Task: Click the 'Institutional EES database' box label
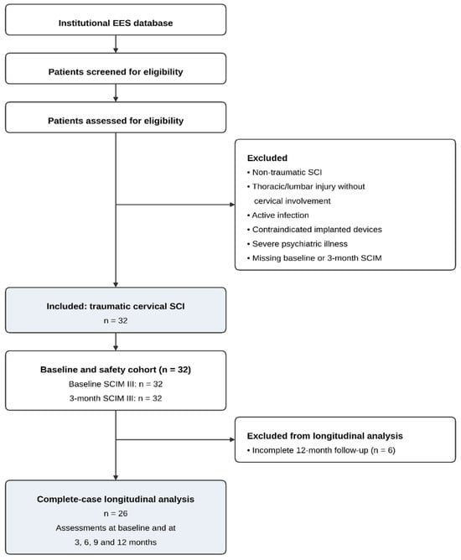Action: tap(116, 23)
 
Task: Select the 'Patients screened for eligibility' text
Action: tap(116, 72)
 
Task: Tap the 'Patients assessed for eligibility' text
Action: tap(116, 121)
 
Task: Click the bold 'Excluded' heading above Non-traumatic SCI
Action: tap(267, 158)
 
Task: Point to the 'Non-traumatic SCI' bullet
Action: tap(285, 172)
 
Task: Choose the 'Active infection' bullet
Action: tap(278, 215)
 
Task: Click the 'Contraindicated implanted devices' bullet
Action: tap(314, 230)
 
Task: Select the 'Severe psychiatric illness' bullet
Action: tap(298, 244)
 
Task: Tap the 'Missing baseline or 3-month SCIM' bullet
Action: tap(314, 258)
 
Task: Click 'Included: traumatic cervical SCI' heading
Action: tap(116, 306)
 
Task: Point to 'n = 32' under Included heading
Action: tap(116, 320)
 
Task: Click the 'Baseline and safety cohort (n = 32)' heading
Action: tap(116, 370)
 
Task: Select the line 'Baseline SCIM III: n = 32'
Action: tap(116, 384)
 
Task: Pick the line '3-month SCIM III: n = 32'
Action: tap(116, 398)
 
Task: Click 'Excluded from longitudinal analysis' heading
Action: tap(325, 436)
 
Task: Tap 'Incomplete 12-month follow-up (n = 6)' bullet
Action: tap(321, 450)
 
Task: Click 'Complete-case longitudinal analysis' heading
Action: tap(116, 499)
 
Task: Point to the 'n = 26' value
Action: tap(116, 513)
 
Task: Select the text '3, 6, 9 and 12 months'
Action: tap(116, 542)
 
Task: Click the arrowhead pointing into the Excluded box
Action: tap(232, 205)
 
